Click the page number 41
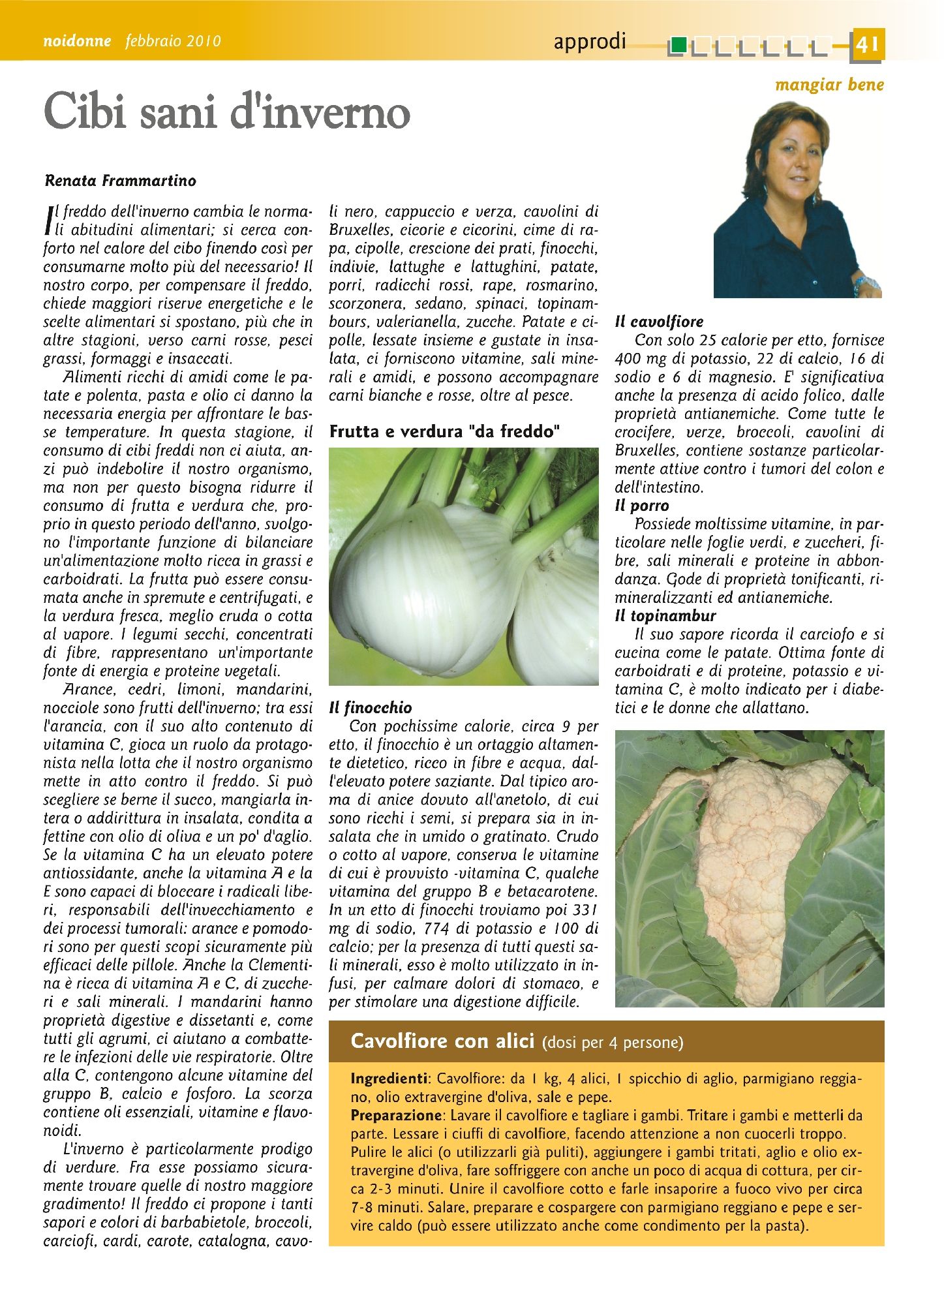coord(867,44)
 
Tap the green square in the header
coord(678,45)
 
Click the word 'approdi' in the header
coord(589,42)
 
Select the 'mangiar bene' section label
coord(829,84)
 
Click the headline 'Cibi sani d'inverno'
coord(227,112)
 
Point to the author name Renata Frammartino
coord(121,181)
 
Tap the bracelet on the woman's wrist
coord(863,284)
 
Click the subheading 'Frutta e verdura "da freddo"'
coord(444,431)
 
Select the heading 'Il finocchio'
coord(371,708)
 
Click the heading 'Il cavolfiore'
coord(659,322)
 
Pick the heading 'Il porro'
coord(642,506)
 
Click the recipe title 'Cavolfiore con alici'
coord(443,1041)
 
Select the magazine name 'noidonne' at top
coord(77,41)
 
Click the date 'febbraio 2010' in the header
coord(174,41)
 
